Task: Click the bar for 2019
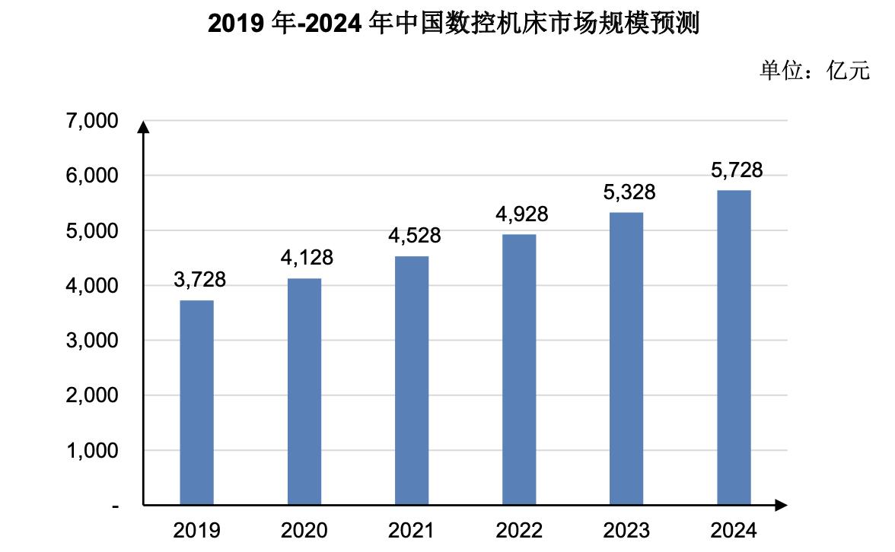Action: tap(196, 403)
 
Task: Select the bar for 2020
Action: tap(304, 392)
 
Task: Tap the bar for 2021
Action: tap(412, 380)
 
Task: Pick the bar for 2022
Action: tap(519, 370)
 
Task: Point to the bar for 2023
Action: tap(626, 359)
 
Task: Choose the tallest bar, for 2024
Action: tap(734, 347)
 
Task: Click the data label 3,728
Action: tap(200, 280)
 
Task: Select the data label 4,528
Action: tap(415, 236)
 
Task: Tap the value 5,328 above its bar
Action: tap(629, 192)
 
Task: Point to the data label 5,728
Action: tap(737, 170)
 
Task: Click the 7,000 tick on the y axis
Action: tap(91, 121)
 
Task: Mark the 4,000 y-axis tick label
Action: tap(91, 286)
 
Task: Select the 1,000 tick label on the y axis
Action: tap(91, 451)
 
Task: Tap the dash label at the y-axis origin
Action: tap(115, 506)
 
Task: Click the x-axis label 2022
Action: tap(519, 530)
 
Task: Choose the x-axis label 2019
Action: tap(196, 530)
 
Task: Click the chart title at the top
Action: tap(454, 24)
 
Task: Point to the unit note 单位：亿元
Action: tap(814, 71)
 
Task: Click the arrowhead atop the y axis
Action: tap(143, 126)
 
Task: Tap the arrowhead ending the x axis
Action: tap(781, 505)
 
